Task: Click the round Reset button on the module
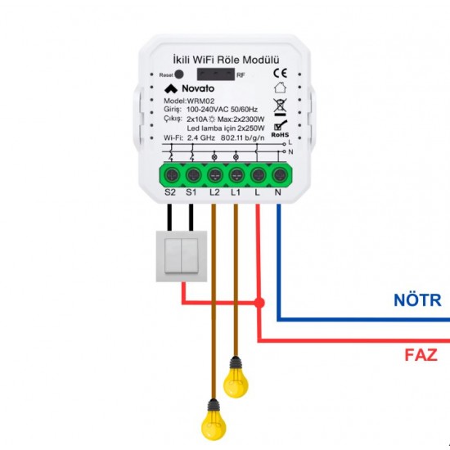pos(179,74)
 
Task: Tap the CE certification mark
pos(280,73)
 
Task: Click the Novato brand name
pos(198,88)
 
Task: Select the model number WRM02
pos(200,101)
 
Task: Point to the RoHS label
pos(280,135)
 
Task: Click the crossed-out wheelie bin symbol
pos(280,105)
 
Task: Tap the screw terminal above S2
pos(172,174)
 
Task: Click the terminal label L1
pos(236,192)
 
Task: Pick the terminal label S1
pos(191,192)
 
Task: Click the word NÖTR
pos(417,300)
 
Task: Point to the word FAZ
pos(421,355)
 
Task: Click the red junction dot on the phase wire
pos(259,303)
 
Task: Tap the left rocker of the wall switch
pos(173,256)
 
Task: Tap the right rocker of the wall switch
pos(190,256)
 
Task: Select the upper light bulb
pos(236,378)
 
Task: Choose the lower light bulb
pos(214,421)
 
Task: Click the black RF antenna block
pos(216,74)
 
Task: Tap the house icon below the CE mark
pos(280,88)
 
